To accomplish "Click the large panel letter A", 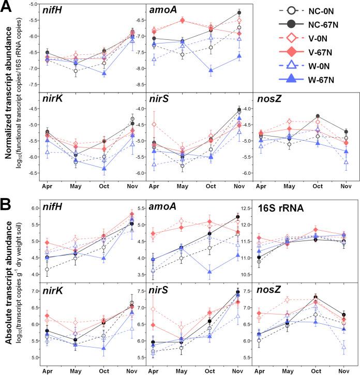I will click(x=6, y=7).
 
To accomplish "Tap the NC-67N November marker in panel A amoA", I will click(x=239, y=12).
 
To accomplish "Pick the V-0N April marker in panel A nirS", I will click(x=153, y=125).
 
